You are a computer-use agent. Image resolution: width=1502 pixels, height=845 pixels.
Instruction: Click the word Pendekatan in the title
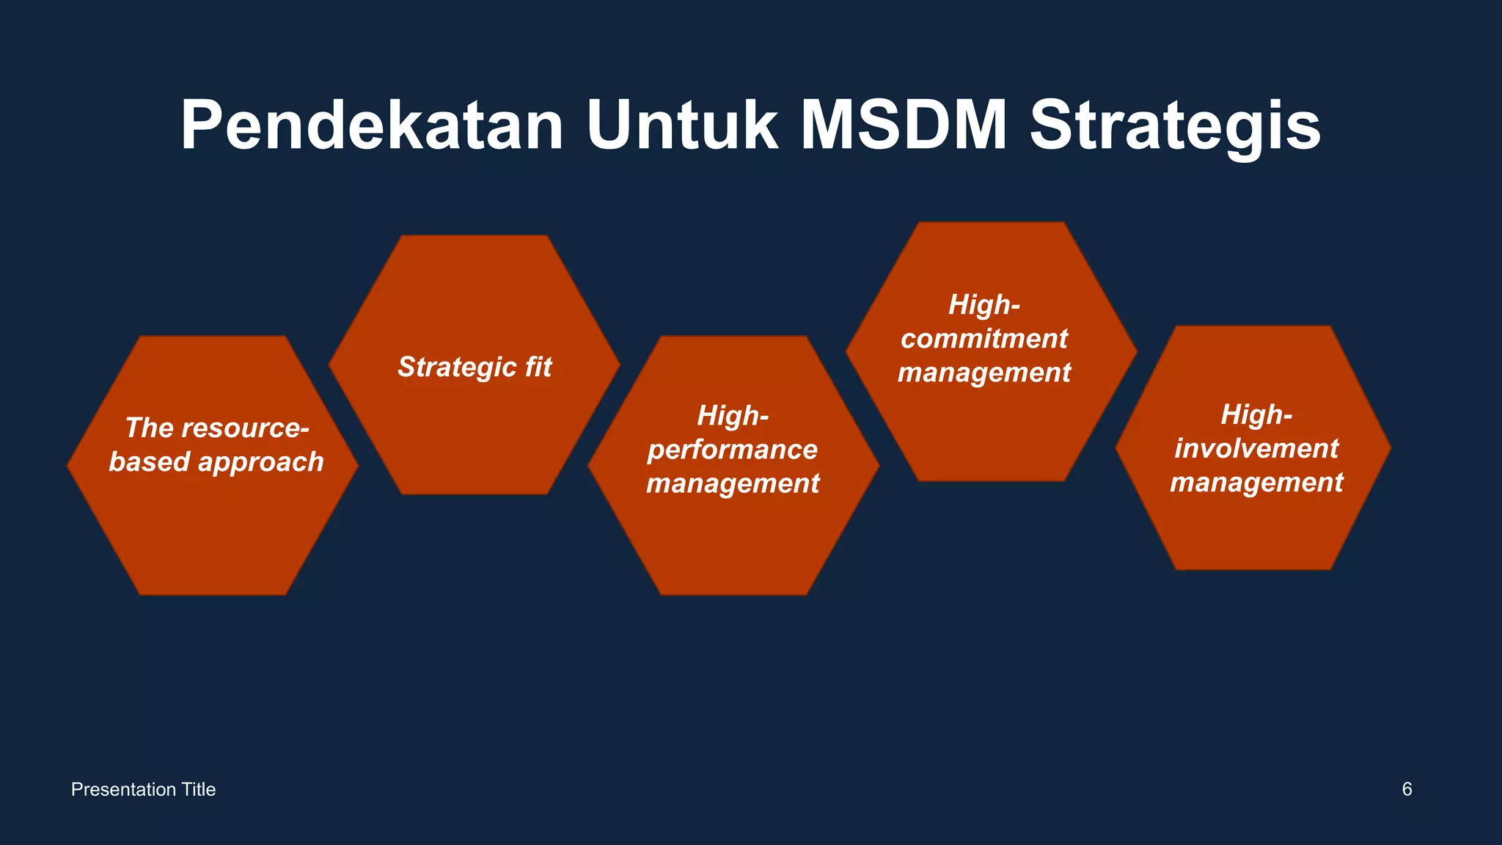point(372,126)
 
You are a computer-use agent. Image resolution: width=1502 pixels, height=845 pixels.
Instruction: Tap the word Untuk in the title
point(682,126)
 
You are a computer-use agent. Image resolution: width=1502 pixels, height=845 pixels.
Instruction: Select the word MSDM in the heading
point(904,126)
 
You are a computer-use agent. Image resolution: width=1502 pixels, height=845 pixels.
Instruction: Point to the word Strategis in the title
point(1175,126)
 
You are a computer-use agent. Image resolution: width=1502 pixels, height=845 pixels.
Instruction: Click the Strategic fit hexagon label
point(475,367)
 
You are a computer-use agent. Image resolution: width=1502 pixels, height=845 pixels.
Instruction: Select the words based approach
point(216,462)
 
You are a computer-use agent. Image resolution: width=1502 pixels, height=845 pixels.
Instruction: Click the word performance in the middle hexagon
point(732,450)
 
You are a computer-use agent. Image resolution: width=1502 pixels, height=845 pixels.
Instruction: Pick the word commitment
point(984,339)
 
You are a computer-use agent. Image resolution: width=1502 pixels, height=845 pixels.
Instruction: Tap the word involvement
point(1256,448)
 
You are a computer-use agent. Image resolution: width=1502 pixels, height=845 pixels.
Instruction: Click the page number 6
point(1407,789)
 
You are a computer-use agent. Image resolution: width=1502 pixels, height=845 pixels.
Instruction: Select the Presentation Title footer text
point(143,789)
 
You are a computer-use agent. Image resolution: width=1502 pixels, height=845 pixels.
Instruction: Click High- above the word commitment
point(984,304)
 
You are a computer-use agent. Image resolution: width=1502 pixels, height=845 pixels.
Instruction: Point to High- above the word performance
point(733,416)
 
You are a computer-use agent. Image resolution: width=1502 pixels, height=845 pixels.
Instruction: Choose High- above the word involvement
point(1256,415)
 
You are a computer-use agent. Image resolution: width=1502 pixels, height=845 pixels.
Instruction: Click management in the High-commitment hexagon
point(984,373)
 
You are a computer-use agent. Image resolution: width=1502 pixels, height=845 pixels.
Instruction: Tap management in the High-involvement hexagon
point(1256,483)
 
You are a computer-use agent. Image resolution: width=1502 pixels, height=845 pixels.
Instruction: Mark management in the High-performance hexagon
point(733,483)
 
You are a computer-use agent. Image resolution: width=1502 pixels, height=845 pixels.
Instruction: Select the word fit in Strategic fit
point(538,367)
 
